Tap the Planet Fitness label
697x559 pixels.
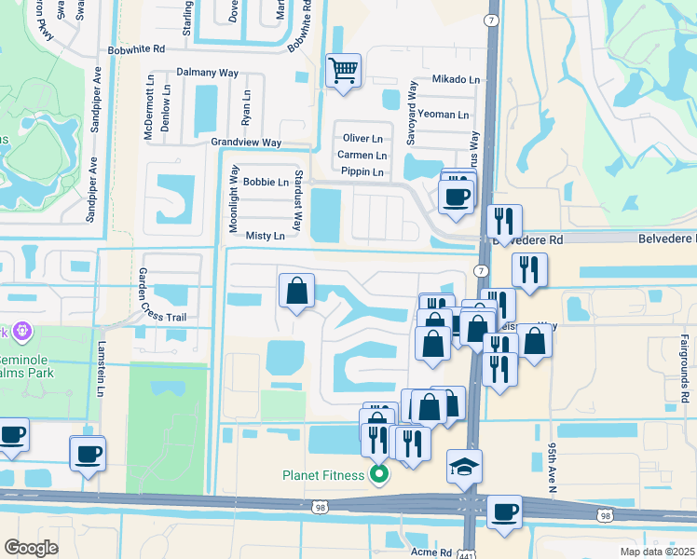coord(324,475)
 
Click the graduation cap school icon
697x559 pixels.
coord(464,467)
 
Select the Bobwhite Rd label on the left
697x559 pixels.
coord(136,48)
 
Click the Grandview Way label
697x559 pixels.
coord(246,143)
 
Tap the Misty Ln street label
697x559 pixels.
coord(266,237)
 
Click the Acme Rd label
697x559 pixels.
coord(430,552)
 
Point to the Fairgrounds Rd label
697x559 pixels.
coord(684,368)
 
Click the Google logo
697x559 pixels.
coord(32,548)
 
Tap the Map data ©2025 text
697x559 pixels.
coord(657,552)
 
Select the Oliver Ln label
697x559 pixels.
coord(364,138)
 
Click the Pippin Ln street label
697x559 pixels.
coord(362,172)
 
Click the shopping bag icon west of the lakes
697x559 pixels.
coord(295,292)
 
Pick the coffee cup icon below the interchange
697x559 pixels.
coord(504,511)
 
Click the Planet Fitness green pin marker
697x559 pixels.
coord(379,475)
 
